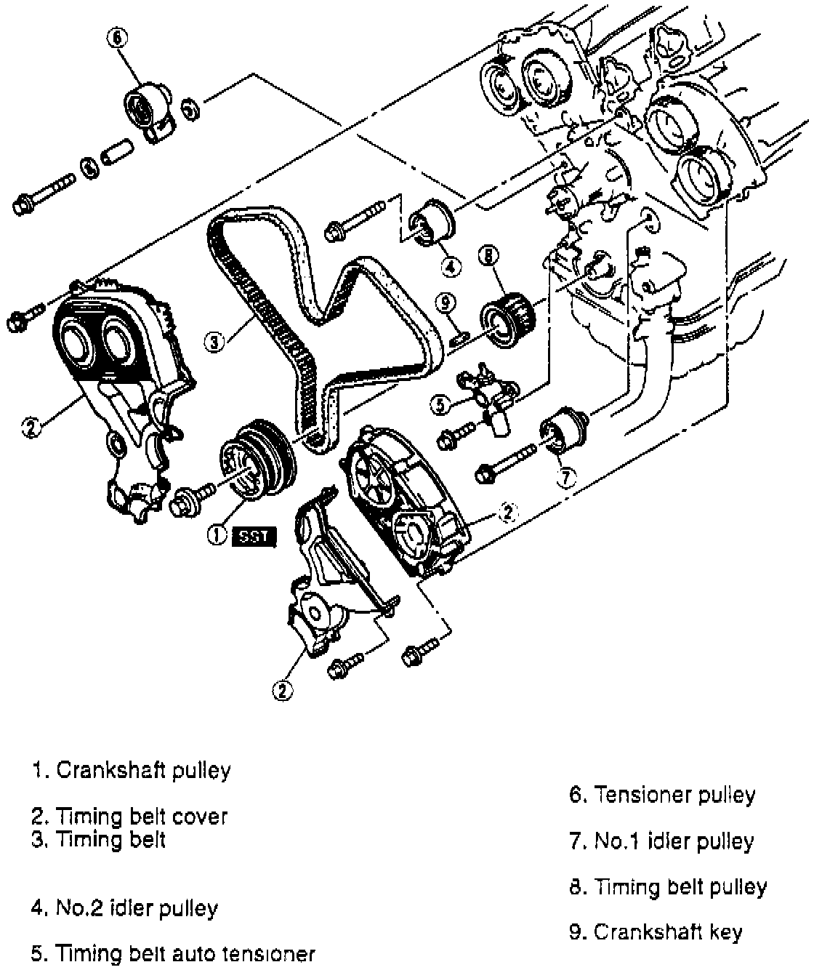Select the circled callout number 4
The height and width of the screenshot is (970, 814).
(451, 268)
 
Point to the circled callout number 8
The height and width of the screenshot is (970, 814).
(488, 255)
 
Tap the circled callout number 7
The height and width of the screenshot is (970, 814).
(567, 477)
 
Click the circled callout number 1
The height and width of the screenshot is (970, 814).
(216, 536)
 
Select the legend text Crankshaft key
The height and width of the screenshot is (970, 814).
(656, 931)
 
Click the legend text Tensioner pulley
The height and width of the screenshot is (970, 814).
(662, 795)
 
